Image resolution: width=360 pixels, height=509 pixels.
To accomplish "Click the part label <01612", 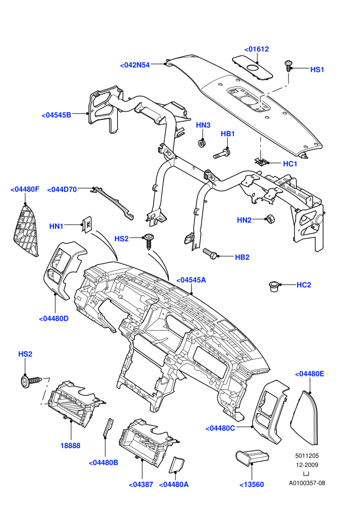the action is (257, 49).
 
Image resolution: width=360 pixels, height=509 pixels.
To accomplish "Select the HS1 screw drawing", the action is (288, 66).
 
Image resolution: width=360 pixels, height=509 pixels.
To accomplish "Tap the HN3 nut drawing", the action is (202, 143).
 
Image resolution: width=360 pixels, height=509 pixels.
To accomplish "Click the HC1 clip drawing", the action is (261, 161).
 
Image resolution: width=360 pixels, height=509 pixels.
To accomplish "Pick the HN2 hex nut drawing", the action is (270, 219).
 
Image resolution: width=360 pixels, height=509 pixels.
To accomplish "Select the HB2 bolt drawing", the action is (210, 253).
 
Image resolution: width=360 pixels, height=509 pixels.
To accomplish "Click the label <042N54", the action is (135, 65).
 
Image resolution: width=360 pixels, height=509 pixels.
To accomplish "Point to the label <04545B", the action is (57, 115).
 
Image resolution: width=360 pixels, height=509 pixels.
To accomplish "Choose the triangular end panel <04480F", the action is (26, 230).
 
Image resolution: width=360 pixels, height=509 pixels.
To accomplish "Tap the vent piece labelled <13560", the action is (252, 458).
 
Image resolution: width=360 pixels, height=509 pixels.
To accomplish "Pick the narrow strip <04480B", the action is (108, 428).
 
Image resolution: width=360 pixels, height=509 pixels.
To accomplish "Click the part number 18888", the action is (70, 445).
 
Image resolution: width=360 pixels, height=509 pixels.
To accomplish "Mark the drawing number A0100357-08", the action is (307, 483).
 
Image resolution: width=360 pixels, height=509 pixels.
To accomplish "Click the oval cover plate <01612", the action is (252, 68).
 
